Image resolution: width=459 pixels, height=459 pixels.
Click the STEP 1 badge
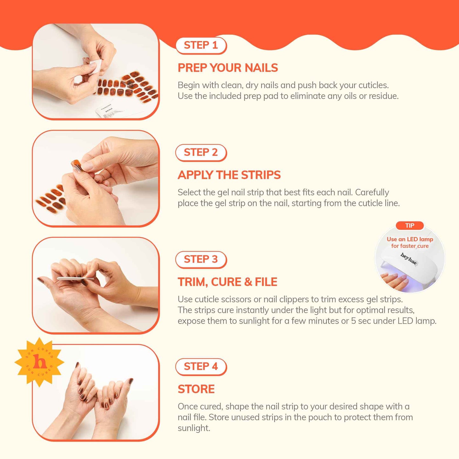(x=201, y=45)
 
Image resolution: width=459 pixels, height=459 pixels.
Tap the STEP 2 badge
(x=201, y=152)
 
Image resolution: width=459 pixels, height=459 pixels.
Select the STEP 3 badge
(x=201, y=260)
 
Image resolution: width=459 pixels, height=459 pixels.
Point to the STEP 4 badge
(x=201, y=367)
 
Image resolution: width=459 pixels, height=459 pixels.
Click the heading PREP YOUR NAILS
(x=227, y=68)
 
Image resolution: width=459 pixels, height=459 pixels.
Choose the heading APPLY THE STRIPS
(x=229, y=175)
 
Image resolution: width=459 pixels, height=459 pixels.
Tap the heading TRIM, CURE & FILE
(x=227, y=282)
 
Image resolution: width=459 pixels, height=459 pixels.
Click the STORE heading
(x=196, y=389)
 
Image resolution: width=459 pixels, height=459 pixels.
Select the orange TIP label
(x=410, y=226)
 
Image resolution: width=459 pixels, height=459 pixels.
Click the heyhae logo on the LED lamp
(x=408, y=259)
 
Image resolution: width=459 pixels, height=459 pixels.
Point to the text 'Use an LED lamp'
(x=410, y=239)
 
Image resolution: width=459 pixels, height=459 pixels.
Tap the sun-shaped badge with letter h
(x=39, y=362)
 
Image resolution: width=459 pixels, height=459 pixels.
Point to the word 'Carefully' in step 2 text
(x=372, y=192)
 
